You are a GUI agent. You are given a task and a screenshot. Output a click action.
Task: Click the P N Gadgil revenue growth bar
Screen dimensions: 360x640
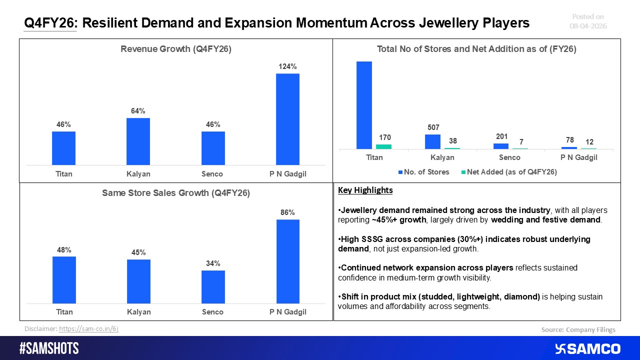(x=287, y=119)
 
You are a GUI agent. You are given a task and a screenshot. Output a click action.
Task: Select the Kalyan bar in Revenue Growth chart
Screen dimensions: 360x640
(x=138, y=141)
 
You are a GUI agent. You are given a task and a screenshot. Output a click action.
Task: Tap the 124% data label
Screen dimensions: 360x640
(x=288, y=66)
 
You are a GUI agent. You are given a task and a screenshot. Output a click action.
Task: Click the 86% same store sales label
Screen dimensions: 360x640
(x=288, y=212)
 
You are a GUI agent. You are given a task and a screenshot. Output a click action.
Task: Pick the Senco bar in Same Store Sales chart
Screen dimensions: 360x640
(x=213, y=286)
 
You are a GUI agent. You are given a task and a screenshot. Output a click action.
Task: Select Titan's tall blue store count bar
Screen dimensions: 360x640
(x=364, y=105)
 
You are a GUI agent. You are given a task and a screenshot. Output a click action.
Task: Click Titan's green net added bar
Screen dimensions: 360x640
(x=383, y=146)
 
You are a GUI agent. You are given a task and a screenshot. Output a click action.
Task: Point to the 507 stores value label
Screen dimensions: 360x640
(x=433, y=127)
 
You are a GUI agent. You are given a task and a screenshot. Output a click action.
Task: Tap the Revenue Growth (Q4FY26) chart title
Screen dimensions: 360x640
(x=175, y=49)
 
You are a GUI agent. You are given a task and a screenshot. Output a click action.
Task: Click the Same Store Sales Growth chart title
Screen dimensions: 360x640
(x=175, y=193)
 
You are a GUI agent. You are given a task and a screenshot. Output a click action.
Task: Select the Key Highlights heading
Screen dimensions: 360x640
(x=365, y=190)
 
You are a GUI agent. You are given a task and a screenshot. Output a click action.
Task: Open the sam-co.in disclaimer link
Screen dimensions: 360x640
(x=88, y=328)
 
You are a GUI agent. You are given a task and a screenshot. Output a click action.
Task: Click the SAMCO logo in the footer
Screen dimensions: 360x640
(x=587, y=348)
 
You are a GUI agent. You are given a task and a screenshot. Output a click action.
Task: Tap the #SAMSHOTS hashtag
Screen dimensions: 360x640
(x=49, y=348)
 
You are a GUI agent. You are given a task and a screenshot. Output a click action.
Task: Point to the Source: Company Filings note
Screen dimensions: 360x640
(x=578, y=329)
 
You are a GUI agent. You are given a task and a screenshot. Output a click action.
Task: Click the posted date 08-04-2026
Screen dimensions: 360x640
(x=588, y=26)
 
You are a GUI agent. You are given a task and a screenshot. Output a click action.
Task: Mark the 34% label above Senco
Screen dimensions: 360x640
(x=213, y=263)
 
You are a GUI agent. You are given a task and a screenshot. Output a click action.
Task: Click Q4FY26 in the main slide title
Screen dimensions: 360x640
(x=50, y=23)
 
